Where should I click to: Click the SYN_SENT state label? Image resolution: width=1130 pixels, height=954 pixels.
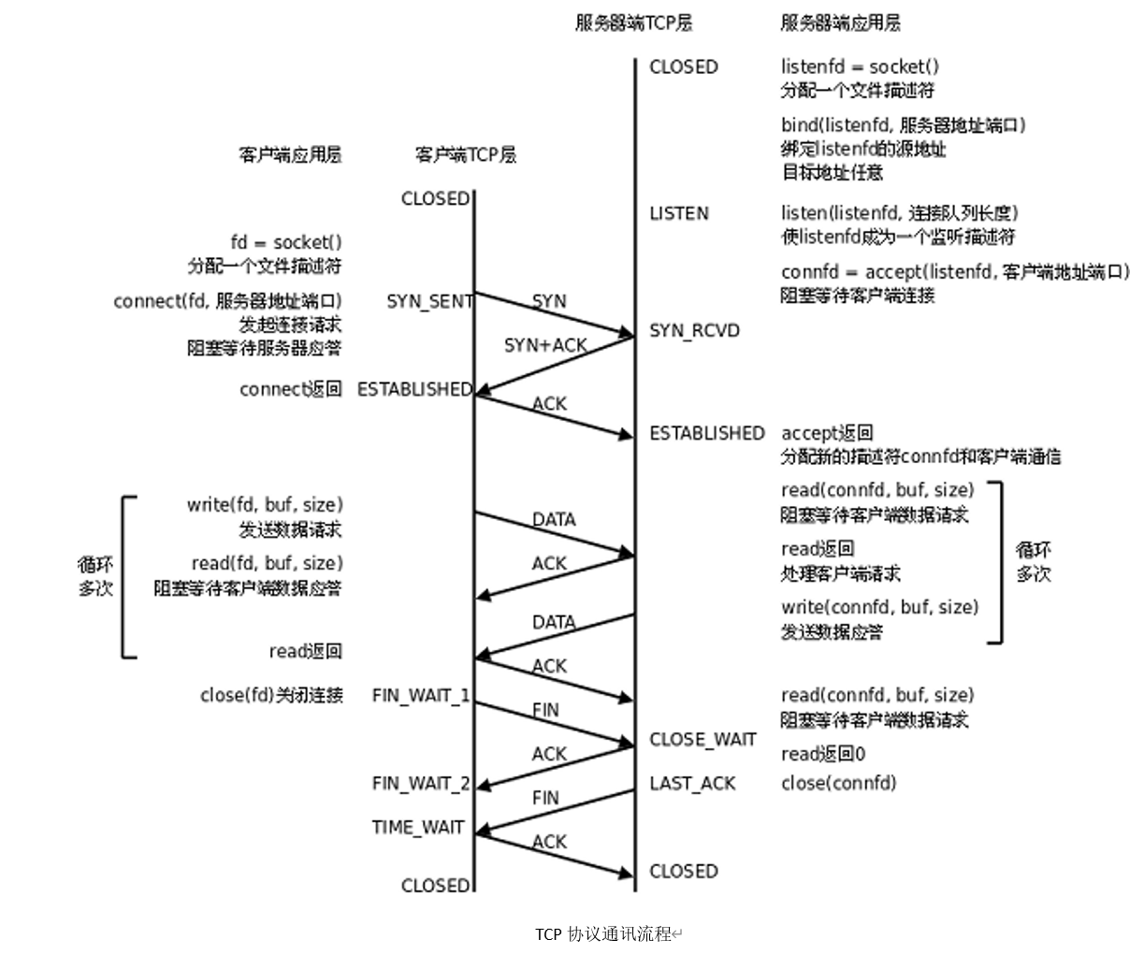[429, 301]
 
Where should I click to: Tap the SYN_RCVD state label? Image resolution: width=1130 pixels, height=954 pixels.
[694, 330]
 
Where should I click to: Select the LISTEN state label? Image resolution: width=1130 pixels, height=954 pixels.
[679, 213]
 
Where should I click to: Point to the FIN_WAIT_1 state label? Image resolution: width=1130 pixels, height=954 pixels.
[421, 696]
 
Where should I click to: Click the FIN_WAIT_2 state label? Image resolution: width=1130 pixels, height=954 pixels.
[421, 783]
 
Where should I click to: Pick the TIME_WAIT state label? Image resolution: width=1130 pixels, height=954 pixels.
[418, 827]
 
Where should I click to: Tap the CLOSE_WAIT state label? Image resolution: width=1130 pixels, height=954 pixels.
[703, 739]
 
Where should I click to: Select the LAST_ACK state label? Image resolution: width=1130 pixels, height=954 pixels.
[692, 783]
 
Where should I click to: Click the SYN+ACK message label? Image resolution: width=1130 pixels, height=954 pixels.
[545, 345]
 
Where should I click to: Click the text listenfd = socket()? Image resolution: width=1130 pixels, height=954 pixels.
[860, 66]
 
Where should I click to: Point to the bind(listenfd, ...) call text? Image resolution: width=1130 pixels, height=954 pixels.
[904, 125]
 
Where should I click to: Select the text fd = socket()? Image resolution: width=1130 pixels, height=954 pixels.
[286, 242]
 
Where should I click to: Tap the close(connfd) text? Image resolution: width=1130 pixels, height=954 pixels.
[838, 783]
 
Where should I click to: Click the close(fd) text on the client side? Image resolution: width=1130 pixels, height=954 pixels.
[271, 696]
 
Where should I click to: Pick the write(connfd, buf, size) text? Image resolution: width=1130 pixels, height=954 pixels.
[879, 607]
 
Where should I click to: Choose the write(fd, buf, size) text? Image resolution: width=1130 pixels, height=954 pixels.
[265, 505]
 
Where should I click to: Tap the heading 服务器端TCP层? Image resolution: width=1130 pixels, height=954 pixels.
[633, 23]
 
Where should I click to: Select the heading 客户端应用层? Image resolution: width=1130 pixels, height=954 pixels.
[290, 154]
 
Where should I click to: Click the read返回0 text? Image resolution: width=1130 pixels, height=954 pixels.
[823, 754]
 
